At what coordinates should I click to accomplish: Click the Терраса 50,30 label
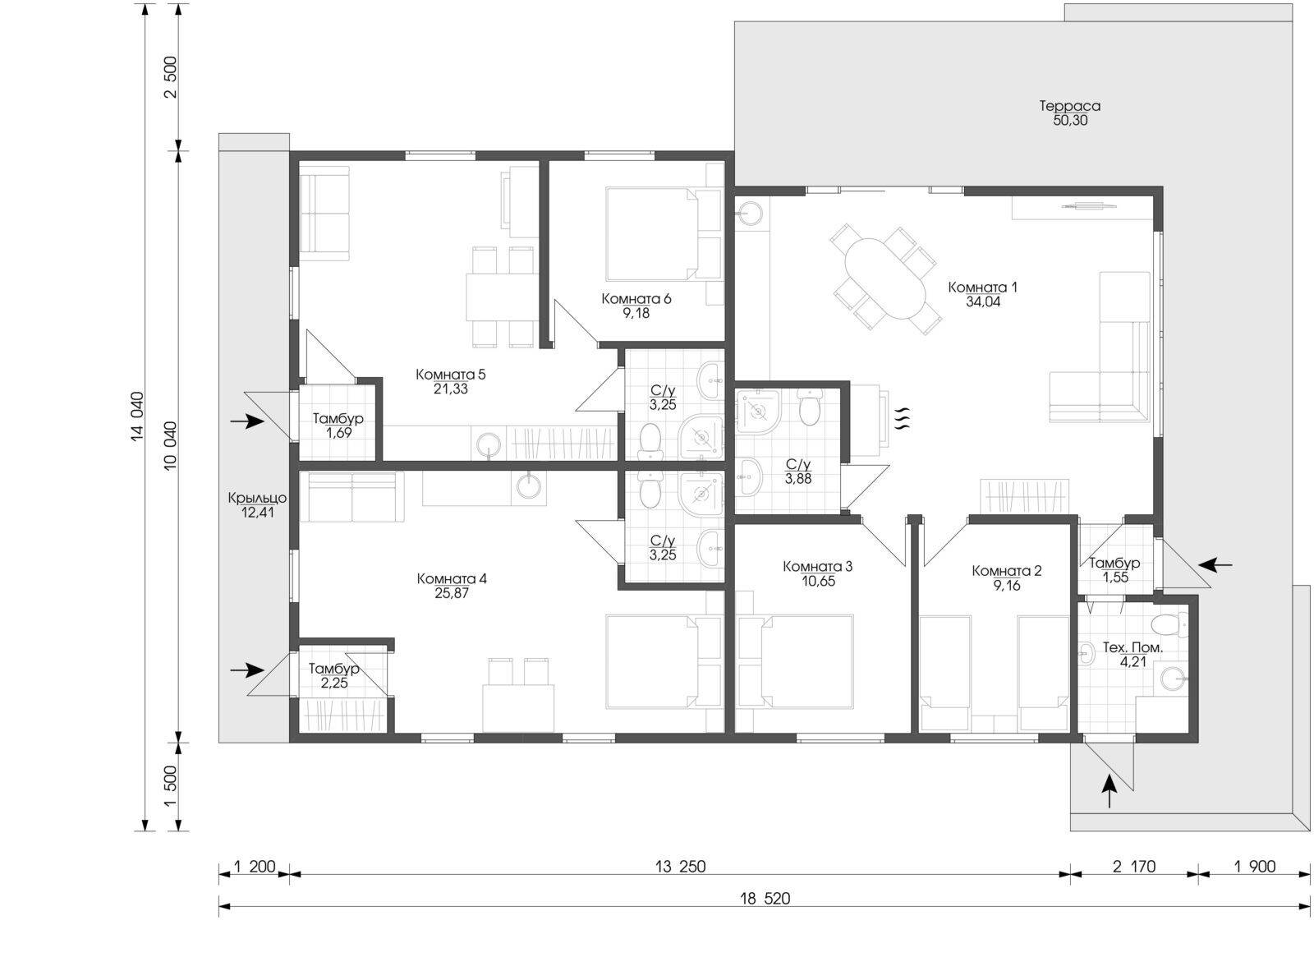tap(1070, 113)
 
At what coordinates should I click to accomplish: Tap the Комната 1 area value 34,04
tap(983, 301)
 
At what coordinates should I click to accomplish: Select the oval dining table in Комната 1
tap(885, 278)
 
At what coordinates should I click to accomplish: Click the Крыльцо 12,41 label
tap(258, 505)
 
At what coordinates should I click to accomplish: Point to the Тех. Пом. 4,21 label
tap(1133, 655)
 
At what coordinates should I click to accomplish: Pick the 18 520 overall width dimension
tap(765, 899)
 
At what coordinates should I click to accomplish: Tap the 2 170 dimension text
tap(1134, 867)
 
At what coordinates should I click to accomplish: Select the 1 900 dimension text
tap(1254, 867)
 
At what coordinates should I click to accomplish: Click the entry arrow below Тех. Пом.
tap(1109, 791)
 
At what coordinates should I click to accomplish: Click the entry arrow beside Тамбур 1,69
tap(247, 421)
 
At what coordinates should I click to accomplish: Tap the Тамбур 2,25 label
tap(334, 676)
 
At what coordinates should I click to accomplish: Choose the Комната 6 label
tap(636, 299)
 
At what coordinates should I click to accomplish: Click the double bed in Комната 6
tap(652, 233)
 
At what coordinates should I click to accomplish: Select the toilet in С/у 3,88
tap(808, 407)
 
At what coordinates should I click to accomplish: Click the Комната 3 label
tap(817, 566)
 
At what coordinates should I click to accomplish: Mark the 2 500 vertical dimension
tap(171, 77)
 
